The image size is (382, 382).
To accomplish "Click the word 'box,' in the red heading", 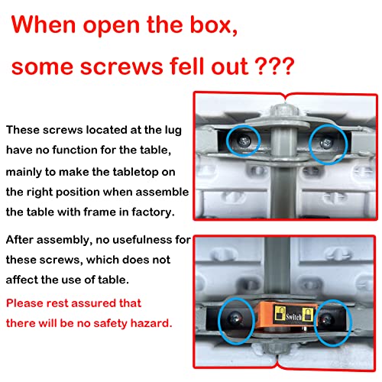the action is pyautogui.click(x=214, y=24).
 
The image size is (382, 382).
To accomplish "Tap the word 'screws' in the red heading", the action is pyautogui.click(x=121, y=66).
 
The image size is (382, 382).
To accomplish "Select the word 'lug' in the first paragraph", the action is pyautogui.click(x=173, y=131).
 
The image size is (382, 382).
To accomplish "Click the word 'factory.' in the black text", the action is pyautogui.click(x=153, y=212).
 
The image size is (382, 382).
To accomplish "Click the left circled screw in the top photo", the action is pyautogui.click(x=244, y=141).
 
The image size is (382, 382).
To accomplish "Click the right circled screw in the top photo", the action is pyautogui.click(x=326, y=143).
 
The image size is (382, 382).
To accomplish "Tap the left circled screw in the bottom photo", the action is pyautogui.click(x=235, y=318).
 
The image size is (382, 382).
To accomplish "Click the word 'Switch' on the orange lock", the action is pyautogui.click(x=293, y=317).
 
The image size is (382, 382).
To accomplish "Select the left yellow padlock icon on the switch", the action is pyautogui.click(x=280, y=313).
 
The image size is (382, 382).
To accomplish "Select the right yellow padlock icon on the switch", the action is pyautogui.click(x=307, y=315).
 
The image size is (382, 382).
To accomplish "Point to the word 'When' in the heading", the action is pyautogui.click(x=44, y=24).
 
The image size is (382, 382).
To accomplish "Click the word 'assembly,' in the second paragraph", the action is pyautogui.click(x=64, y=240).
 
